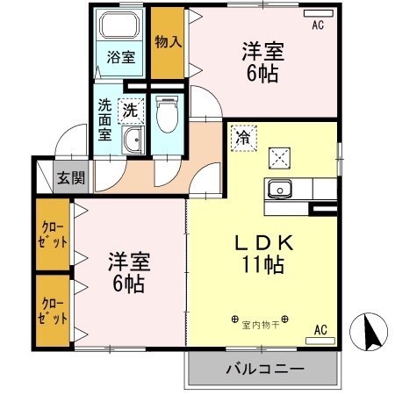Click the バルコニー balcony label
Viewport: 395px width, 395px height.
[262, 370]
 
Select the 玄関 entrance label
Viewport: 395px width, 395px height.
[71, 178]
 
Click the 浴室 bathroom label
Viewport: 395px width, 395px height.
[121, 59]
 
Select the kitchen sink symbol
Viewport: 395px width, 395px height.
[281, 188]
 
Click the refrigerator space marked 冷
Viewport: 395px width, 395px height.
[242, 137]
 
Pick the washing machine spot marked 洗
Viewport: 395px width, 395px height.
[130, 111]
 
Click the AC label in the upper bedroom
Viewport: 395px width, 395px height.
[317, 25]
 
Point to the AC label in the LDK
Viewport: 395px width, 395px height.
[320, 330]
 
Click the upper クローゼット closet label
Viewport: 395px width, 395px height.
[54, 235]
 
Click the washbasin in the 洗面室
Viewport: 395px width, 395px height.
[133, 140]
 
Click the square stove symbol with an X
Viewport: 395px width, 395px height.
[281, 157]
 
